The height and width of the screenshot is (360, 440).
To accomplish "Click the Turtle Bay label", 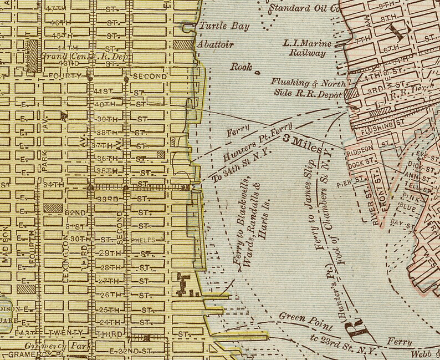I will tap(224, 26).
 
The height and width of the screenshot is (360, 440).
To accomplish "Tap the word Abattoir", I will tap(216, 44).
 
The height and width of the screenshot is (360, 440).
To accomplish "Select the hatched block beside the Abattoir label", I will tap(181, 44).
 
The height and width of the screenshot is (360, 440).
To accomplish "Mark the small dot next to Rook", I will tap(257, 72).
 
